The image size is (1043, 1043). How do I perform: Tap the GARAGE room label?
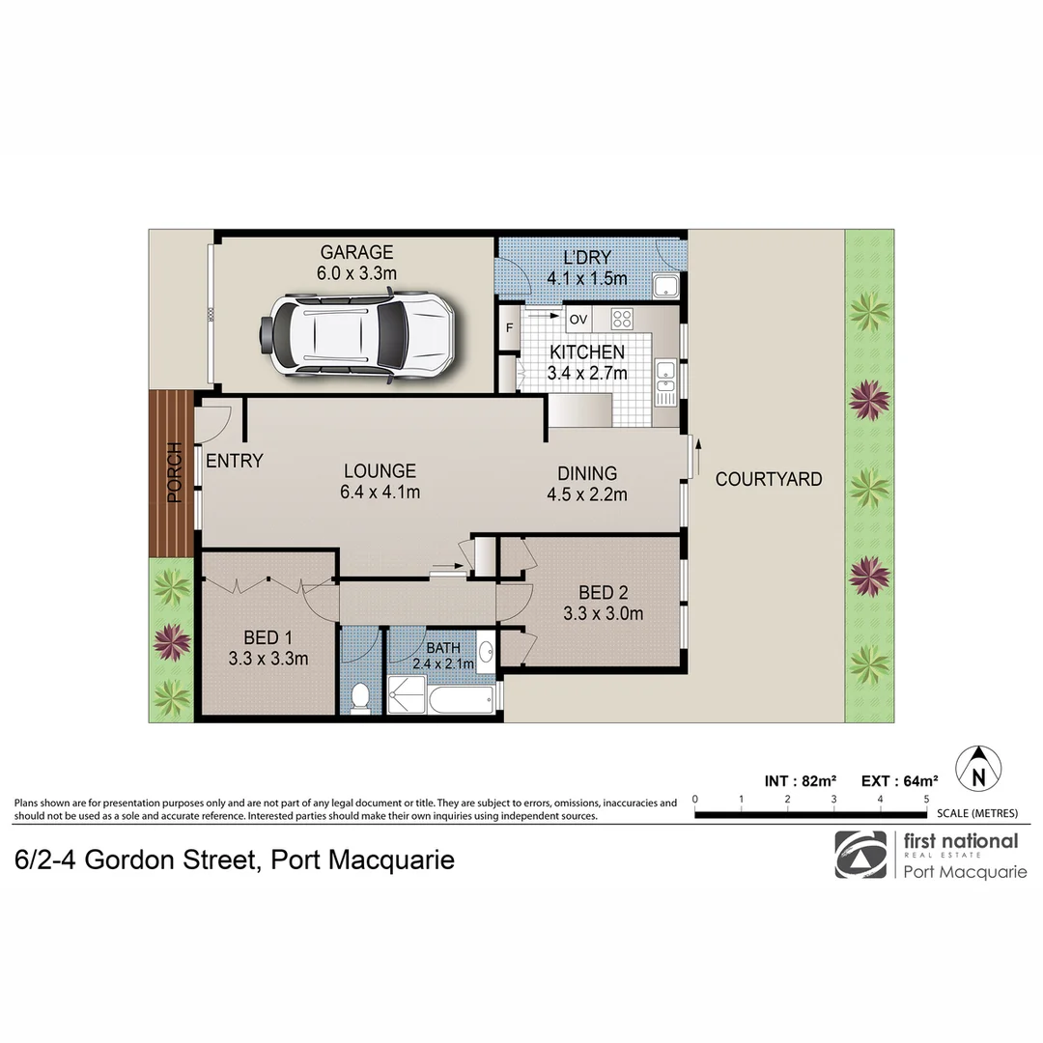[356, 253]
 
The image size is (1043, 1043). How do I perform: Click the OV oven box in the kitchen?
[578, 319]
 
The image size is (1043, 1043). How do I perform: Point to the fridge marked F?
[509, 328]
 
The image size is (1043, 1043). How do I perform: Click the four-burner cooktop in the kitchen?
[621, 319]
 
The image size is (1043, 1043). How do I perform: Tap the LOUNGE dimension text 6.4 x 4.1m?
[379, 493]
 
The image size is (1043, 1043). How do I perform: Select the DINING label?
[586, 473]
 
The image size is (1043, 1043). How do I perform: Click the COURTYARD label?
[769, 479]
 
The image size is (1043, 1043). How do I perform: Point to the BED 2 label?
[603, 592]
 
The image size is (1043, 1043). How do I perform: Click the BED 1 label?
[268, 637]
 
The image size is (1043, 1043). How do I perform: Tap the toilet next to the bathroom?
[360, 696]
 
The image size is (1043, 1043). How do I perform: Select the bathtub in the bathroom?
[461, 699]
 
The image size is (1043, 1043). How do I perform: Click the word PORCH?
[174, 473]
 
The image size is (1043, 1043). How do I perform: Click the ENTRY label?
[234, 461]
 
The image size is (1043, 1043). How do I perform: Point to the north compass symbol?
[978, 770]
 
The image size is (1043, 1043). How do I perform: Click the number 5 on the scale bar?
[926, 800]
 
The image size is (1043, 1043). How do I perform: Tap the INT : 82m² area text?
[801, 781]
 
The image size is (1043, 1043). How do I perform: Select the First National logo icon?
[860, 855]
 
